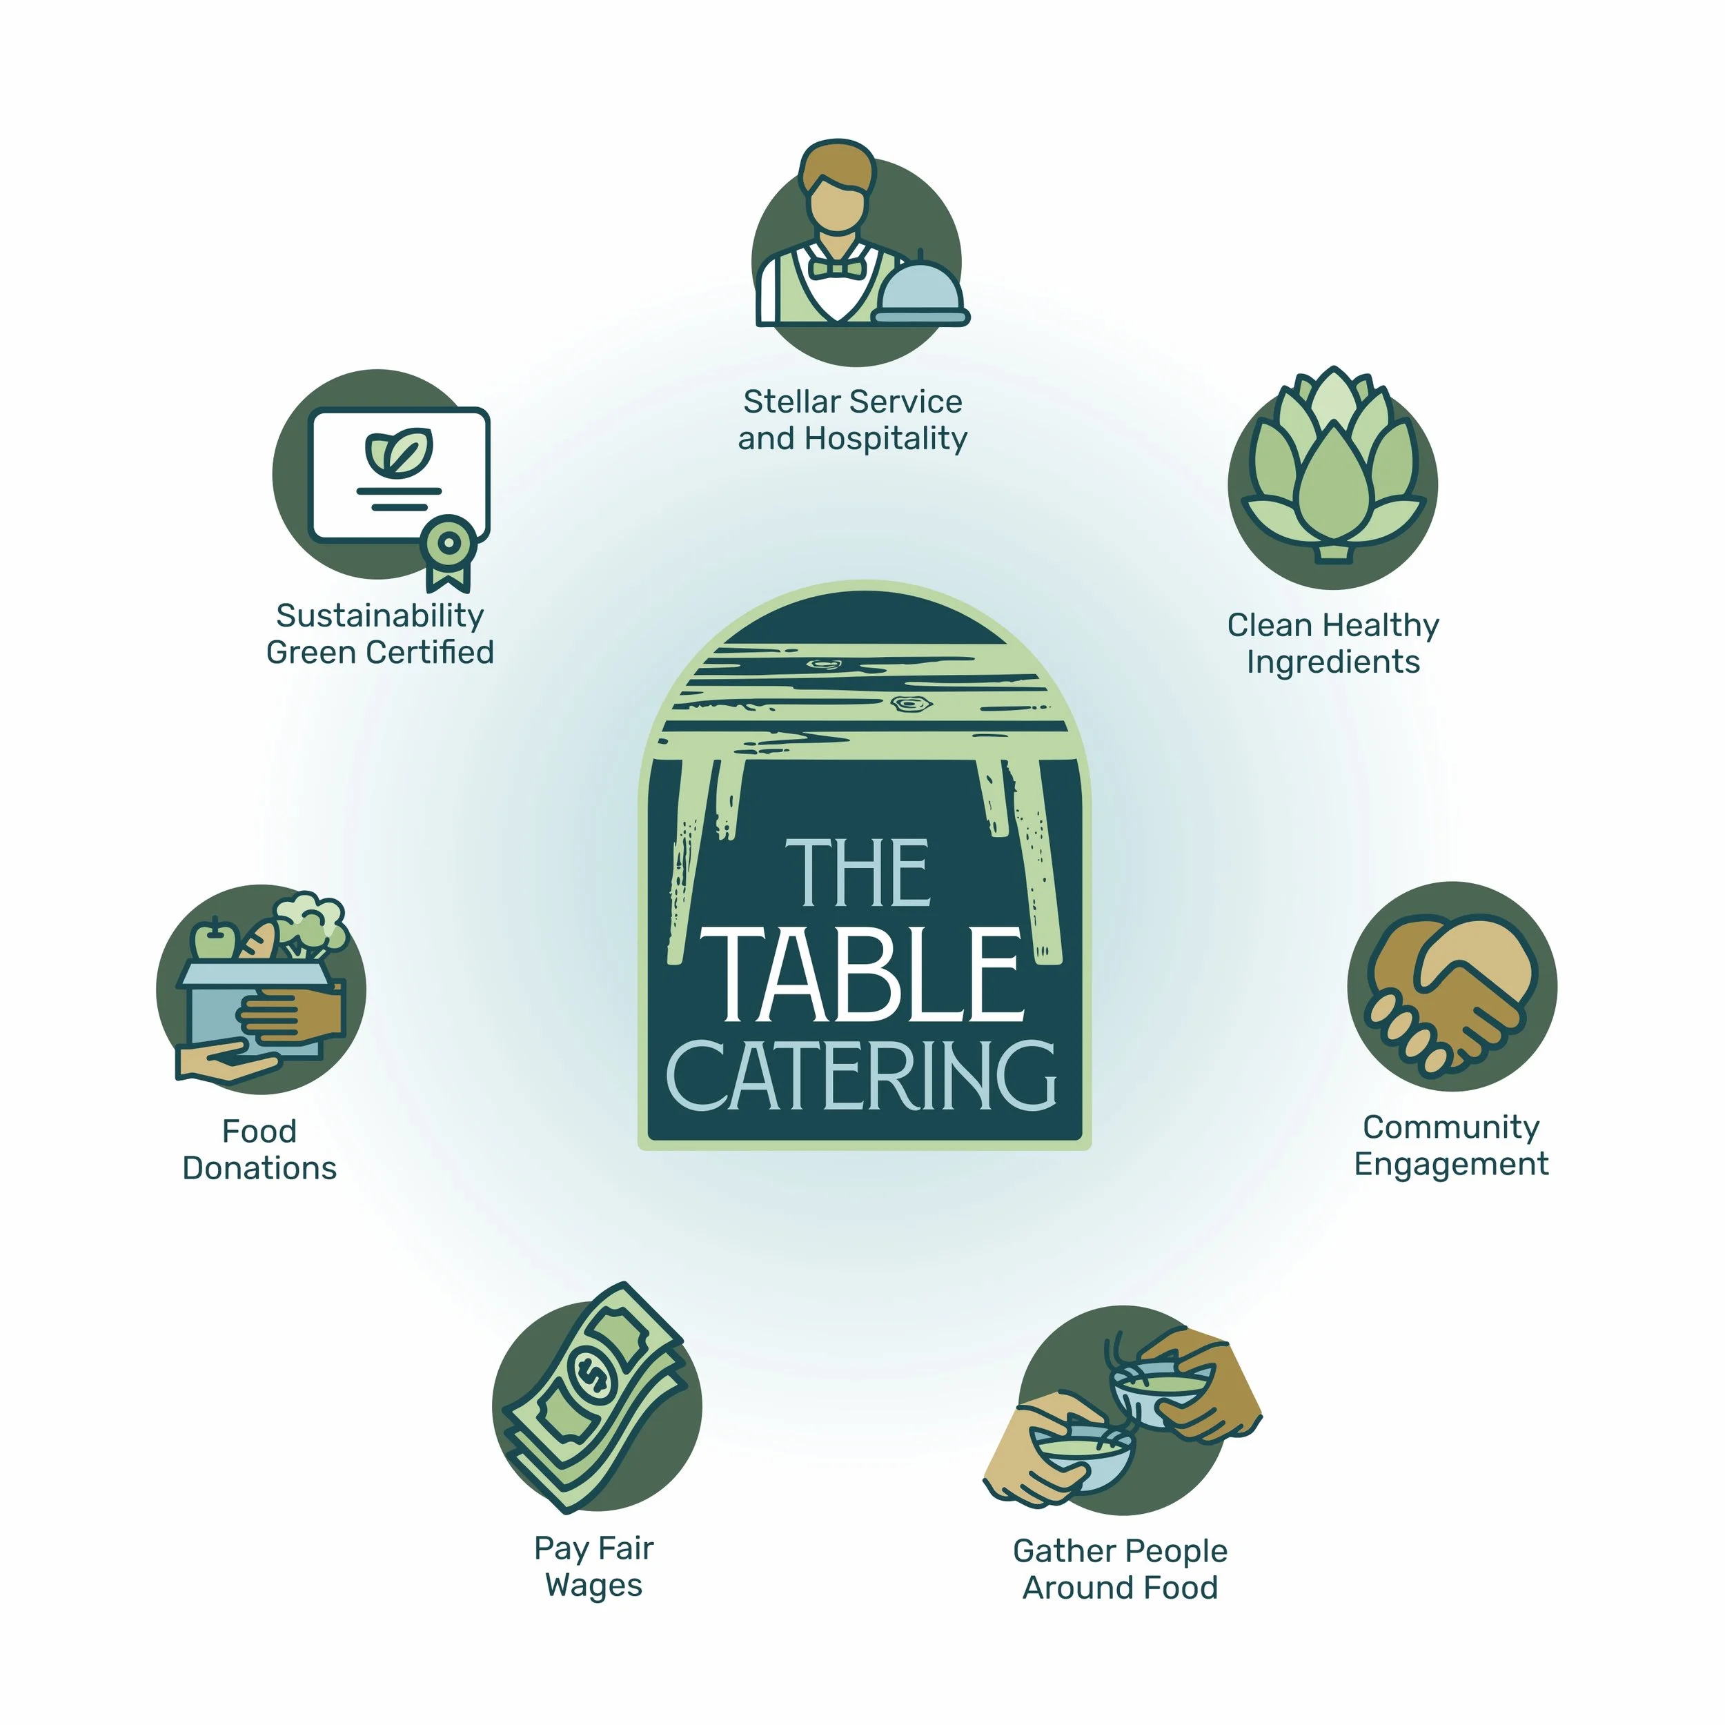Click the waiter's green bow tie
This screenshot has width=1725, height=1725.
click(836, 268)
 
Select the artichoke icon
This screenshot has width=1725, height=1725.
click(1332, 464)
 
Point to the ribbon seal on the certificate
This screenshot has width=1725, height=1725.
click(449, 543)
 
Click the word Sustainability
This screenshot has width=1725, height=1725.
click(379, 616)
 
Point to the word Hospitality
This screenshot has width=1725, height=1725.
click(886, 438)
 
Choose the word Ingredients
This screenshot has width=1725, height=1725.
click(1333, 662)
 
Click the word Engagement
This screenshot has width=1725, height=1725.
click(1451, 1164)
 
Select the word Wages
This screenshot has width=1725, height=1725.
click(594, 1586)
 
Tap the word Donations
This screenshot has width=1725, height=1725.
click(260, 1168)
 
